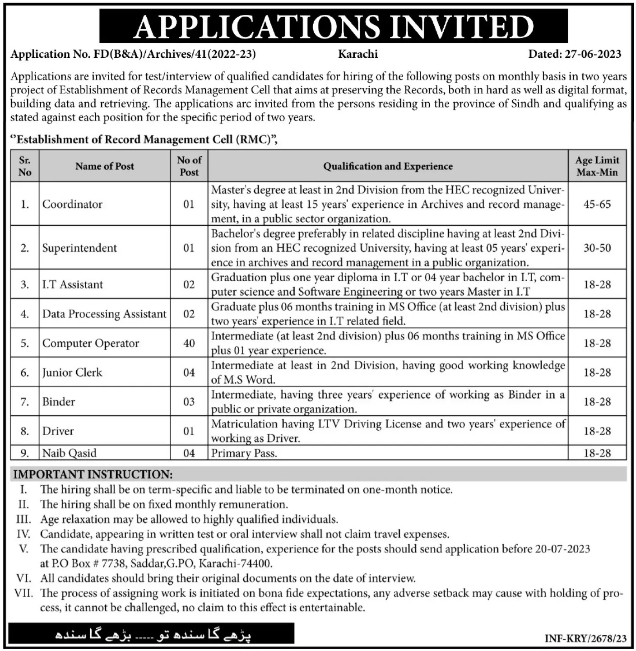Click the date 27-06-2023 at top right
pyautogui.click(x=592, y=54)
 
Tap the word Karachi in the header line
pyautogui.click(x=358, y=54)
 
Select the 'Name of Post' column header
pyautogui.click(x=105, y=166)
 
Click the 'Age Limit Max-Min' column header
pyautogui.click(x=597, y=166)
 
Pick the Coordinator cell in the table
pyautogui.click(x=72, y=204)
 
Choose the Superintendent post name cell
pyautogui.click(x=79, y=248)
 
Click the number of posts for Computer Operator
pyautogui.click(x=189, y=343)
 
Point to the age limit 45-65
pyautogui.click(x=597, y=204)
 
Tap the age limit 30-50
pyautogui.click(x=597, y=248)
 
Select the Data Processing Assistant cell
pyautogui.click(x=104, y=314)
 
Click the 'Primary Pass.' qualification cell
pyautogui.click(x=244, y=453)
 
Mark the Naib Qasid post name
pyautogui.click(x=70, y=453)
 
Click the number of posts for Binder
pyautogui.click(x=189, y=402)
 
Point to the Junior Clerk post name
pyautogui.click(x=72, y=372)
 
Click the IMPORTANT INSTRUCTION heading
pyautogui.click(x=93, y=474)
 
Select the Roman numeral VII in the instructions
pyautogui.click(x=23, y=593)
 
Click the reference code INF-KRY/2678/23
pyautogui.click(x=586, y=638)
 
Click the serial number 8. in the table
pyautogui.click(x=25, y=431)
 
